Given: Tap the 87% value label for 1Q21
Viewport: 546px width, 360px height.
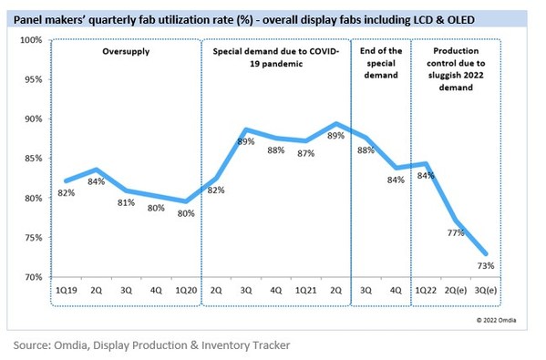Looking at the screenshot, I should pos(305,153).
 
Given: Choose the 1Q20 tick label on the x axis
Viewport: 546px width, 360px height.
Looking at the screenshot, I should pos(186,290).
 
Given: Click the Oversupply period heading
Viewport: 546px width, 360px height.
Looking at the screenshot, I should pos(124,53).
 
